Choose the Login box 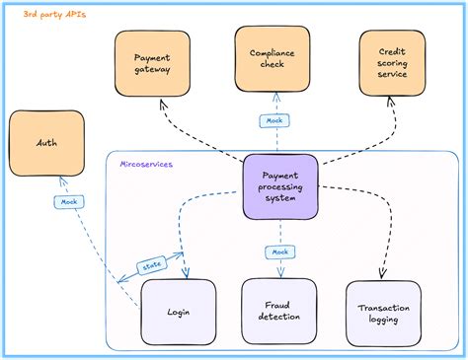pyautogui.click(x=179, y=312)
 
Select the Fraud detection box pyautogui.click(x=279, y=312)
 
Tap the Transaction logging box pyautogui.click(x=383, y=312)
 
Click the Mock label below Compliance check pyautogui.click(x=273, y=121)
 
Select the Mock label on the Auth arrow pyautogui.click(x=65, y=202)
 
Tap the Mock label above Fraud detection pyautogui.click(x=279, y=252)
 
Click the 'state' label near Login pyautogui.click(x=151, y=266)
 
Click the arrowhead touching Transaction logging pyautogui.click(x=382, y=275)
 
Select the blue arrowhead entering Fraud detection pyautogui.click(x=279, y=275)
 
